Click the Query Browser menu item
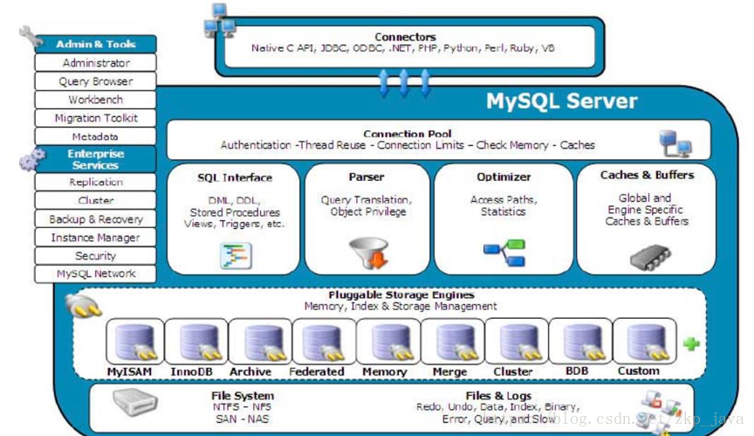[x=95, y=81]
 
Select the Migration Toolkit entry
[x=95, y=118]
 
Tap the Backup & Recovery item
[x=95, y=219]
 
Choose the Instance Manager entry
[x=95, y=238]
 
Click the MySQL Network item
[x=95, y=274]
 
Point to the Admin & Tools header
[x=96, y=44]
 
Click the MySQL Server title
[x=562, y=101]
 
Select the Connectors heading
[x=405, y=37]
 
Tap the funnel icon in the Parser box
[x=367, y=252]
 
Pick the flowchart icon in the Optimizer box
[x=504, y=253]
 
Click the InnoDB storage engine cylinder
[x=190, y=342]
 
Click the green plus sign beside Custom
[x=691, y=344]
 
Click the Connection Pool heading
[x=408, y=134]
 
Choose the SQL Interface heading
[x=235, y=177]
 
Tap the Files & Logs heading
[x=498, y=396]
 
